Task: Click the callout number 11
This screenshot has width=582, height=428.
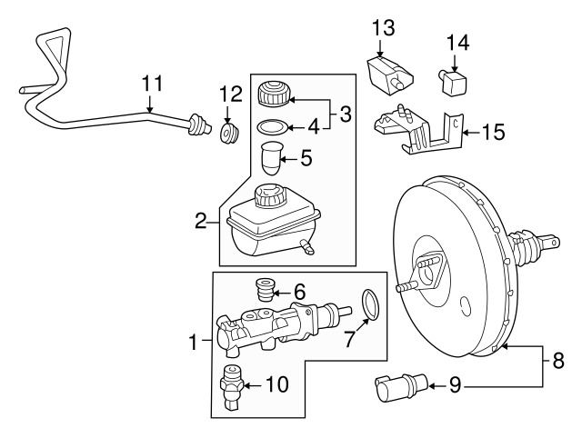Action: pyautogui.click(x=153, y=84)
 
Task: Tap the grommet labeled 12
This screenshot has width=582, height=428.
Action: pyautogui.click(x=229, y=133)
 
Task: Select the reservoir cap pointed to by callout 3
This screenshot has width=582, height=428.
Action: pyautogui.click(x=273, y=94)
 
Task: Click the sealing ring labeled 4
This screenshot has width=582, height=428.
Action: pyautogui.click(x=272, y=127)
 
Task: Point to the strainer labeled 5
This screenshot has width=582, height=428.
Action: pyautogui.click(x=272, y=158)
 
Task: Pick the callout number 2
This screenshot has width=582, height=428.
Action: pyautogui.click(x=201, y=222)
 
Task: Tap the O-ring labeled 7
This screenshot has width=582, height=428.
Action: pyautogui.click(x=370, y=304)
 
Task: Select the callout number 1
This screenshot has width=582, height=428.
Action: pyautogui.click(x=193, y=342)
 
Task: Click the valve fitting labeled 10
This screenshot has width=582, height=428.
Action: pyautogui.click(x=231, y=387)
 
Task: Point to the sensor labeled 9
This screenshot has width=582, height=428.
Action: pyautogui.click(x=402, y=387)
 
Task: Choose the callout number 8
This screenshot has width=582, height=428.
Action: pyautogui.click(x=557, y=360)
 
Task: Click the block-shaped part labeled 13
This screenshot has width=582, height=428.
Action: pyautogui.click(x=390, y=75)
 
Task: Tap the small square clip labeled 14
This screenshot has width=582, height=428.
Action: pyautogui.click(x=453, y=83)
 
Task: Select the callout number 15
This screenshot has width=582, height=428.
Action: pyautogui.click(x=494, y=132)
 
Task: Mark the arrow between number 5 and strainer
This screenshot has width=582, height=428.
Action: pyautogui.click(x=289, y=160)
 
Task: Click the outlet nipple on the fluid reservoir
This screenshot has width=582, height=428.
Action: pyautogui.click(x=306, y=247)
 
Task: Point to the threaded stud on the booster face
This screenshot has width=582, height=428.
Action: pyautogui.click(x=406, y=287)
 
